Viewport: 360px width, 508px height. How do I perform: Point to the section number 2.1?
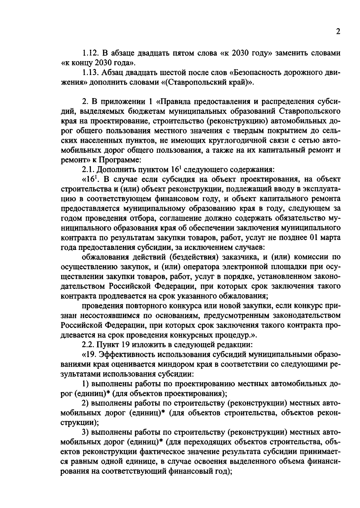point(88,170)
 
